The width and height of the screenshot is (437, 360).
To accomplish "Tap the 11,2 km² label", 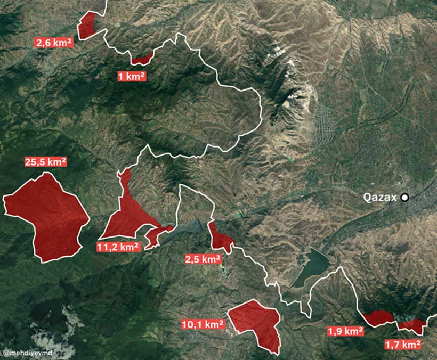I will pyautogui.click(x=118, y=247).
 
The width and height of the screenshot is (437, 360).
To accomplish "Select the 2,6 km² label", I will pyautogui.click(x=54, y=43).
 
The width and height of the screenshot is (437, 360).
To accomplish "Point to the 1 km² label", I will pyautogui.click(x=132, y=77).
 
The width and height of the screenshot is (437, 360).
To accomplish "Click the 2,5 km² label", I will pyautogui.click(x=203, y=259).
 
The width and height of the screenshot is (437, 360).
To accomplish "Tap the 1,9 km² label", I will pyautogui.click(x=345, y=331).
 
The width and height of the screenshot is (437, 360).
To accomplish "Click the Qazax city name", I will pyautogui.click(x=380, y=198).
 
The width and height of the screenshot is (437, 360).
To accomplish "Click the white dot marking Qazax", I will pyautogui.click(x=405, y=198).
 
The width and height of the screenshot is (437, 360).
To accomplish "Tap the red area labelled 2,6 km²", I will pyautogui.click(x=87, y=26).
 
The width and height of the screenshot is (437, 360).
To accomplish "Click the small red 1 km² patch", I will pyautogui.click(x=142, y=59).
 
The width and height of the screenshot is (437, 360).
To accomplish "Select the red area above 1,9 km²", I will pyautogui.click(x=378, y=318).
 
